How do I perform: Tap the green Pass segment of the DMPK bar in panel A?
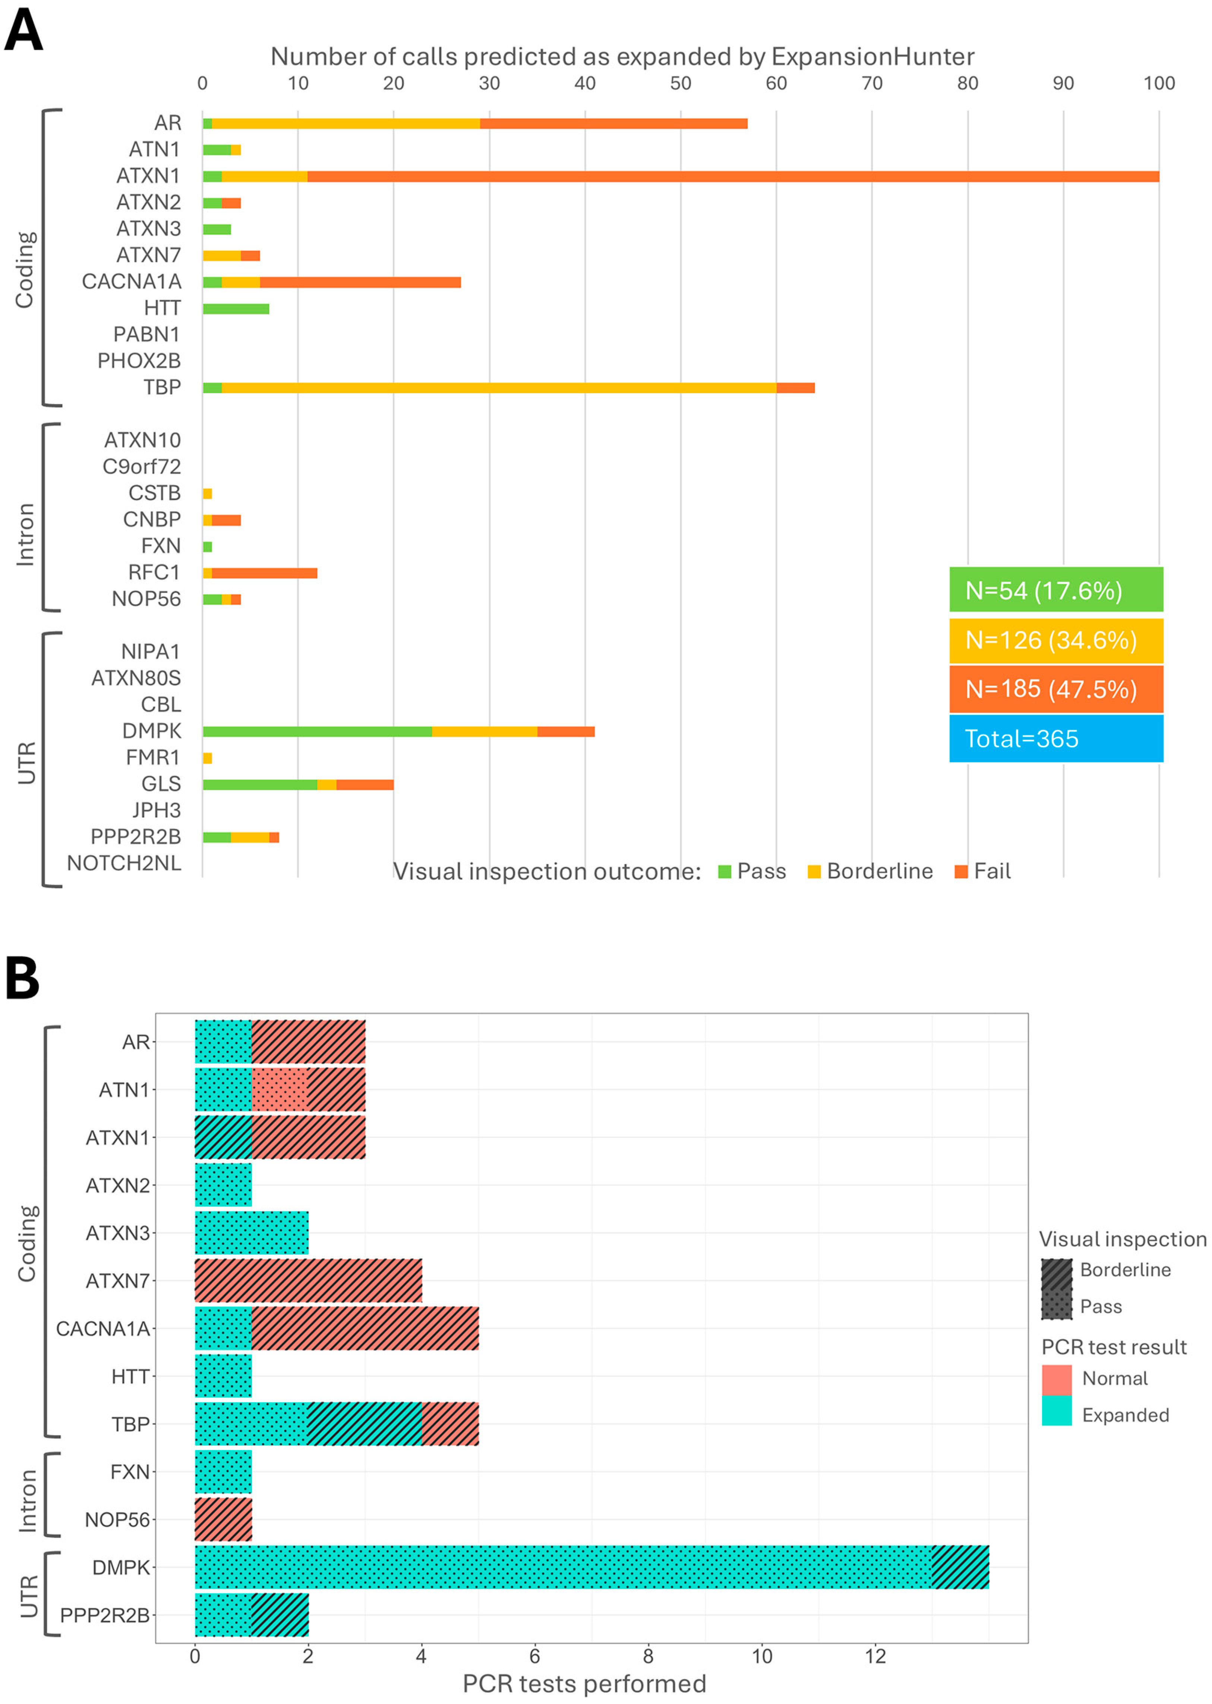tap(317, 731)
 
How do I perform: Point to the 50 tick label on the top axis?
tap(680, 83)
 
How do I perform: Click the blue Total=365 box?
tap(1055, 738)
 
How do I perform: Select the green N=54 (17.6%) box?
tap(1055, 590)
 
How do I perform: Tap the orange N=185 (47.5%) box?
tap(1055, 688)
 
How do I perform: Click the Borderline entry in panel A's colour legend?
tap(870, 872)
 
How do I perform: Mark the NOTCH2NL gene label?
tap(124, 863)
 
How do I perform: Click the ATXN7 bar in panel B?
tap(308, 1281)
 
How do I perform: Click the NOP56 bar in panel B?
tap(223, 1519)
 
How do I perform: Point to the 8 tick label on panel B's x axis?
tap(648, 1656)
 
